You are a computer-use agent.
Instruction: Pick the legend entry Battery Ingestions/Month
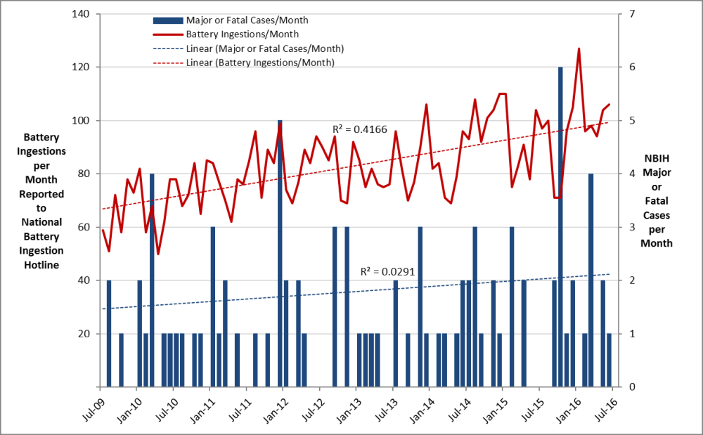pyautogui.click(x=242, y=34)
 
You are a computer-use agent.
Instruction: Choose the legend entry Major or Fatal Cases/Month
pyautogui.click(x=247, y=20)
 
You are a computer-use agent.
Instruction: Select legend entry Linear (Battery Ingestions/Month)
pyautogui.click(x=259, y=63)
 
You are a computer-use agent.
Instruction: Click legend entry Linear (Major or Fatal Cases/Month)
pyautogui.click(x=264, y=48)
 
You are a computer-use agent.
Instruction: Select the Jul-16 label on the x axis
pyautogui.click(x=602, y=407)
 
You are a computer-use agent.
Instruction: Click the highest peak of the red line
pyautogui.click(x=579, y=49)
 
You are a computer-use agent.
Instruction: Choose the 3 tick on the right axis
pyautogui.click(x=631, y=227)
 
